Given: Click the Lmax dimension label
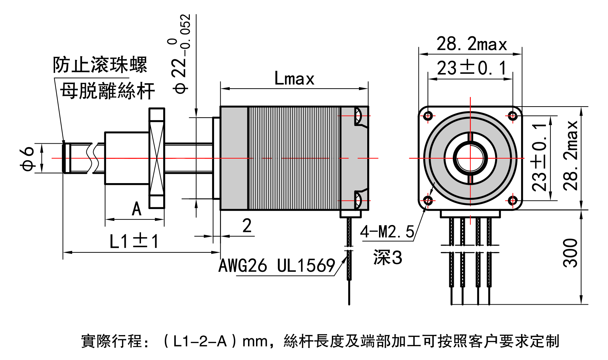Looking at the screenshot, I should [294, 79].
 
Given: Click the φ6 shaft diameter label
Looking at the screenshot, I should [27, 158].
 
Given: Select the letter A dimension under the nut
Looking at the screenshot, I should [136, 209].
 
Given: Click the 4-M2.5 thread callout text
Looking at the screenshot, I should [387, 232].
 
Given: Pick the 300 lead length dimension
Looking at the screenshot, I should [570, 253].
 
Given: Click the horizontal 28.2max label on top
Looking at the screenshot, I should [472, 44].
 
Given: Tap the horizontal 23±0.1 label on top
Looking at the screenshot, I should [472, 68].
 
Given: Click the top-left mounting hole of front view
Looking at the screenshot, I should [428, 116].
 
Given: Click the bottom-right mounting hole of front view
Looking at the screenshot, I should [513, 200].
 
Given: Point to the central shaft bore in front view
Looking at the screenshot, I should [470, 158].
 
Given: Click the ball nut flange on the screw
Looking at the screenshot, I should [157, 158].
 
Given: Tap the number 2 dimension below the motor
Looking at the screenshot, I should [247, 226].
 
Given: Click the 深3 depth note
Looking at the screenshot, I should [388, 258].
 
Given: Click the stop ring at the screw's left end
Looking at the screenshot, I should [65, 158].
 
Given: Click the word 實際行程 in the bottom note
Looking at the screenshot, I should [112, 341].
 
